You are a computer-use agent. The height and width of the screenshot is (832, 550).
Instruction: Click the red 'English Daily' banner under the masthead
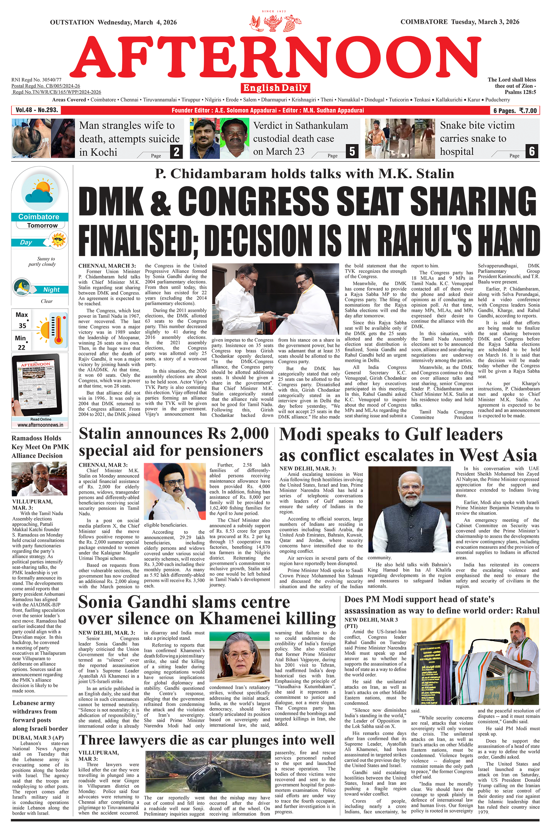[275, 88]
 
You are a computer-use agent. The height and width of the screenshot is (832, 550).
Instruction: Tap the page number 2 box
[176, 152]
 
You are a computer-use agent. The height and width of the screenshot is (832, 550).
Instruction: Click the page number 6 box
[532, 151]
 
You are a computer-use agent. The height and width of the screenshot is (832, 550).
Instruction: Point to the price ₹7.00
[528, 111]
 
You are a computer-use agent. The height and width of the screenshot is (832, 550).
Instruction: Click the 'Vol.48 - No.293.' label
[36, 110]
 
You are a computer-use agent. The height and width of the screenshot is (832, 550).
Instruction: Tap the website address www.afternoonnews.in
[40, 425]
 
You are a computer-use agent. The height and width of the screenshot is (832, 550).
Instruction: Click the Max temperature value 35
[22, 325]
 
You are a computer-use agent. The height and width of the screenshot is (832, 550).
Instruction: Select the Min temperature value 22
[21, 347]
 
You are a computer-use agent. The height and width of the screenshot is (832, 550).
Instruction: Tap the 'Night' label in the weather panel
[51, 290]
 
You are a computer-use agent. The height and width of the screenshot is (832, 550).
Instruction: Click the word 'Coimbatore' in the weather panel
[38, 217]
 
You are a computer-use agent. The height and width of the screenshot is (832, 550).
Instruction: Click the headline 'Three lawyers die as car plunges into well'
[207, 740]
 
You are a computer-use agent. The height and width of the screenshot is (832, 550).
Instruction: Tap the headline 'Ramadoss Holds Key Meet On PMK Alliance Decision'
[40, 447]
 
